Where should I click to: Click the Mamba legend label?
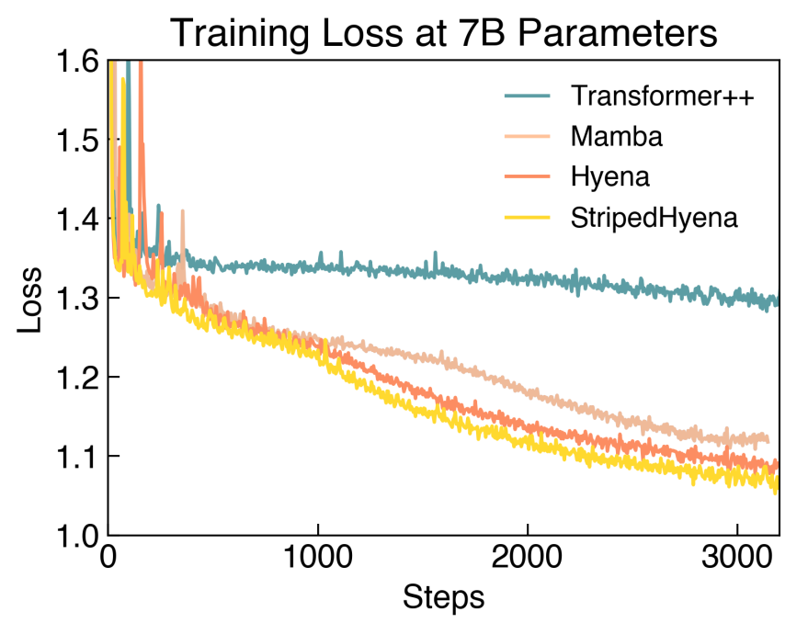pyautogui.click(x=616, y=136)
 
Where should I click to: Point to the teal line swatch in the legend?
pyautogui.click(x=529, y=96)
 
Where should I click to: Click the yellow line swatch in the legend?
pyautogui.click(x=529, y=217)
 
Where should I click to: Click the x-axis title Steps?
pyautogui.click(x=443, y=597)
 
